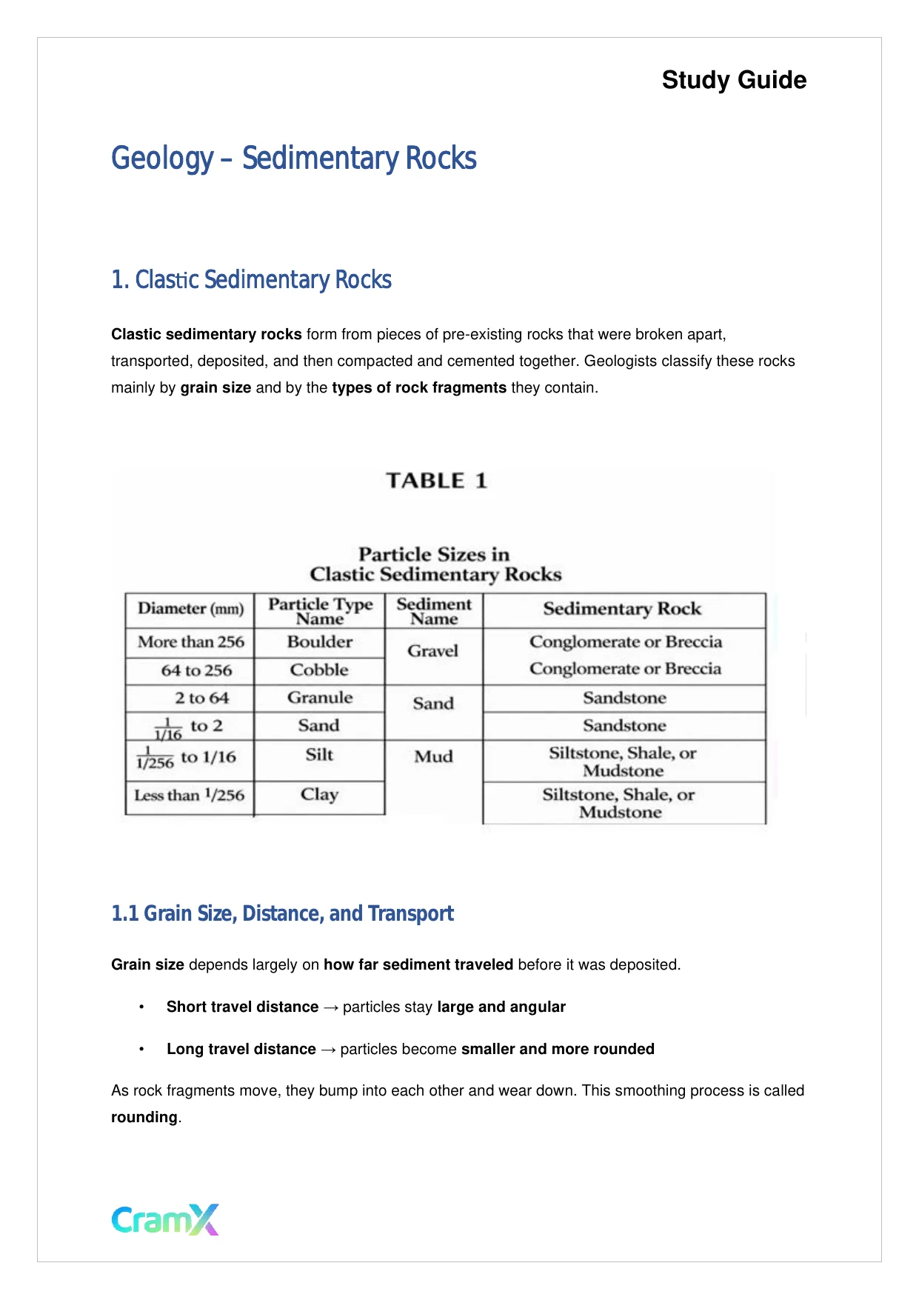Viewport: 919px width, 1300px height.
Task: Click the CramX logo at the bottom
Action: point(165,1219)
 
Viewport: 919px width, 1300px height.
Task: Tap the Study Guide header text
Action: point(734,80)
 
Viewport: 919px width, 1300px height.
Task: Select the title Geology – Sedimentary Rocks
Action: point(293,159)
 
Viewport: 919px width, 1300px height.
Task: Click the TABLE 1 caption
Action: point(436,481)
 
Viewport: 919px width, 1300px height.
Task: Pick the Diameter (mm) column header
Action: point(190,609)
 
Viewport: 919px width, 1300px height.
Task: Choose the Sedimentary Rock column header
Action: point(622,609)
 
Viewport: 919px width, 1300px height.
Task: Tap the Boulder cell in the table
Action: point(320,641)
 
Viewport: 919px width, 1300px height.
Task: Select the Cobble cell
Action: point(319,670)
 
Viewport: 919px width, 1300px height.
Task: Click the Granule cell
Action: point(320,698)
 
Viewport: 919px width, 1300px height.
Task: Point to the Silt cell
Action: point(319,755)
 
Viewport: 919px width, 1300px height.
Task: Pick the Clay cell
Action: point(319,794)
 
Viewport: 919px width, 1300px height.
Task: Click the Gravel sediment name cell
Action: point(433,651)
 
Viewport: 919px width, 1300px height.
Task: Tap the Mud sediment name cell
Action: point(433,756)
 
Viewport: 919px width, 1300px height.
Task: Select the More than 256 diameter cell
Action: point(190,641)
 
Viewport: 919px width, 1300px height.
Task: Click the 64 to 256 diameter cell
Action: point(196,670)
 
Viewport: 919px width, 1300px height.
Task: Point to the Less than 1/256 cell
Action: point(189,795)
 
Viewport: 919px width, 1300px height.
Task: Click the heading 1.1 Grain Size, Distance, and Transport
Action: point(282,913)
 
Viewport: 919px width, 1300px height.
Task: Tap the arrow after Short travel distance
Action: point(330,1007)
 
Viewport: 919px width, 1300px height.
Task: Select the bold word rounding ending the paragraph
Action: point(144,1117)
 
